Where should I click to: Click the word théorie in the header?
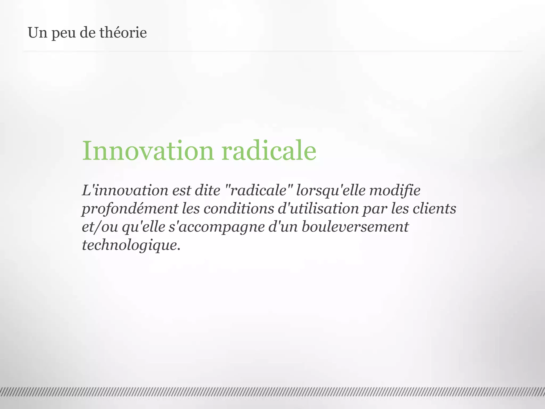(123, 33)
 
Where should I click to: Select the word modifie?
(395, 191)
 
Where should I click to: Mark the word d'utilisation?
(318, 209)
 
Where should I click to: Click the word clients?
(434, 209)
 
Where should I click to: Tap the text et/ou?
(100, 227)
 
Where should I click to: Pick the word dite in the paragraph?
(207, 191)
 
